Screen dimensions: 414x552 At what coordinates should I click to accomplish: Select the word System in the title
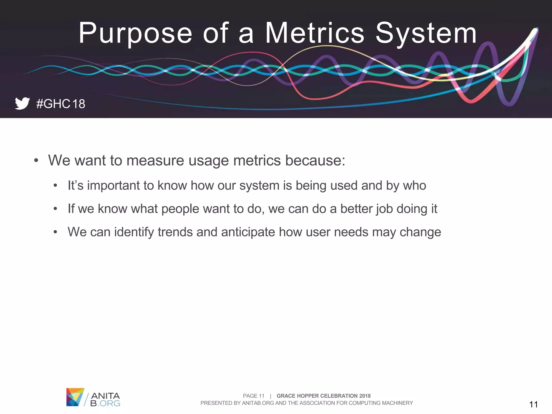(x=426, y=34)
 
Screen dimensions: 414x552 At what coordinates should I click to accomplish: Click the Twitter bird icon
(x=22, y=103)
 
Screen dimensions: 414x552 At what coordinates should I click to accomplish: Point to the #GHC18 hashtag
(x=61, y=104)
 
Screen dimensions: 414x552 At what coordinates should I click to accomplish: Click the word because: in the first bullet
(x=315, y=160)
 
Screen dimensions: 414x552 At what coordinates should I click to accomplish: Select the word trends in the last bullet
(x=175, y=232)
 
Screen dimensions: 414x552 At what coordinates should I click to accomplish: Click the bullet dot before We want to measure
(x=36, y=161)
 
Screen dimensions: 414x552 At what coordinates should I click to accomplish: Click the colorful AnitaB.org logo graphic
(x=75, y=397)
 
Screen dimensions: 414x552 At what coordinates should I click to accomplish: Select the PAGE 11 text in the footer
(x=253, y=396)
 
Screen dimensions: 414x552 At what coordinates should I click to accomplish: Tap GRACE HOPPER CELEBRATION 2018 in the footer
(x=323, y=396)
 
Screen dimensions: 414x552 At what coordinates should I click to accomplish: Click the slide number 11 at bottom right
(x=533, y=404)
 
